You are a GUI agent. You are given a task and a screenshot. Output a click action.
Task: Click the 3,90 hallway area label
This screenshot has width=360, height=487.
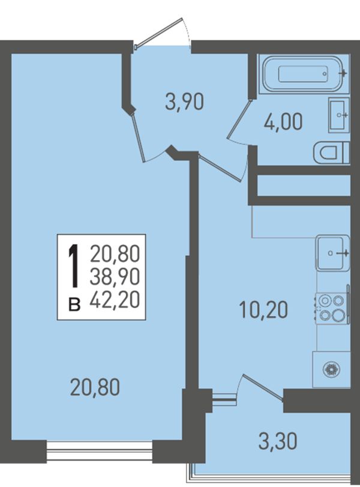[x=184, y=103]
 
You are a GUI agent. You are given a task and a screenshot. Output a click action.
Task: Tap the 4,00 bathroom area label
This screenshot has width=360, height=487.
[x=283, y=121]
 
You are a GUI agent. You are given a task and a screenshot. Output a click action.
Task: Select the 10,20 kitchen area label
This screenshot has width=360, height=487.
[x=264, y=310]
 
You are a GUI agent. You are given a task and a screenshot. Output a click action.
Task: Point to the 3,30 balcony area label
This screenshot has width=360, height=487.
[x=277, y=441]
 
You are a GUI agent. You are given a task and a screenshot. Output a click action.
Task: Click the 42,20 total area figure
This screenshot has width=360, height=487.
[x=115, y=300]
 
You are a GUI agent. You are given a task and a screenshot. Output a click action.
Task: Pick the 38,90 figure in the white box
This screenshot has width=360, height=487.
[x=115, y=277]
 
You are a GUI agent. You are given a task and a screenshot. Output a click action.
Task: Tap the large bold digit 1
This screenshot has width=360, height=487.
[x=74, y=265]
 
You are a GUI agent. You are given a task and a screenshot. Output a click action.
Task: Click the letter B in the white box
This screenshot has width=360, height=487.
[x=74, y=304]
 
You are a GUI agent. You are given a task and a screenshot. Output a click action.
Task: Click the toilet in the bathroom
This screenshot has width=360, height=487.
[x=331, y=153]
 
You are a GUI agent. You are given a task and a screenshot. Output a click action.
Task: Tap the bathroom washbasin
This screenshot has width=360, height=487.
[x=338, y=115]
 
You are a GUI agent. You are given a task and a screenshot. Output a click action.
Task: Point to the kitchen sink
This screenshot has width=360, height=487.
[x=332, y=252]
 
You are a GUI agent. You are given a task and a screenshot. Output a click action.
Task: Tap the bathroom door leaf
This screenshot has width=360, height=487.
[x=238, y=118]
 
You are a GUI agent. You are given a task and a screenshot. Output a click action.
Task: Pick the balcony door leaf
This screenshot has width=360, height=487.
[x=263, y=387]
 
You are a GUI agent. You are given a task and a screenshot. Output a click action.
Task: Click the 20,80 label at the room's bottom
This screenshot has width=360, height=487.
[x=95, y=388]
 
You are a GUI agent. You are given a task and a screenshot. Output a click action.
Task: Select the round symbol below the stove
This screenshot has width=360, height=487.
[x=331, y=369]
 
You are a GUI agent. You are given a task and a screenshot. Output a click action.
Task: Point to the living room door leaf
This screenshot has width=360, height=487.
[x=137, y=138]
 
